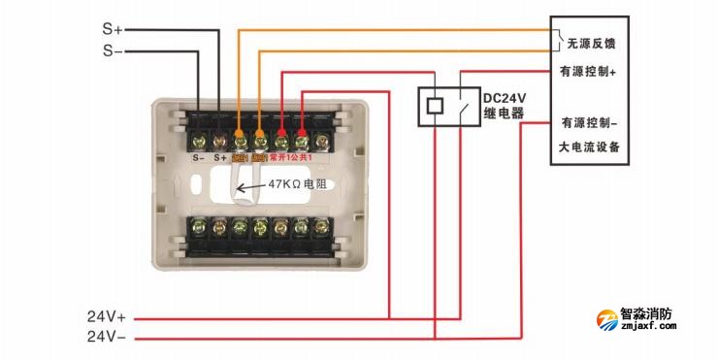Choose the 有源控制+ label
(589, 71)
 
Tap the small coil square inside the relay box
(436, 105)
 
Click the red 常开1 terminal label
(281, 156)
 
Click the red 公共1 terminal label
(307, 156)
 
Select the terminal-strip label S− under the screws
(197, 156)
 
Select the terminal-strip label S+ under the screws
(219, 156)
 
